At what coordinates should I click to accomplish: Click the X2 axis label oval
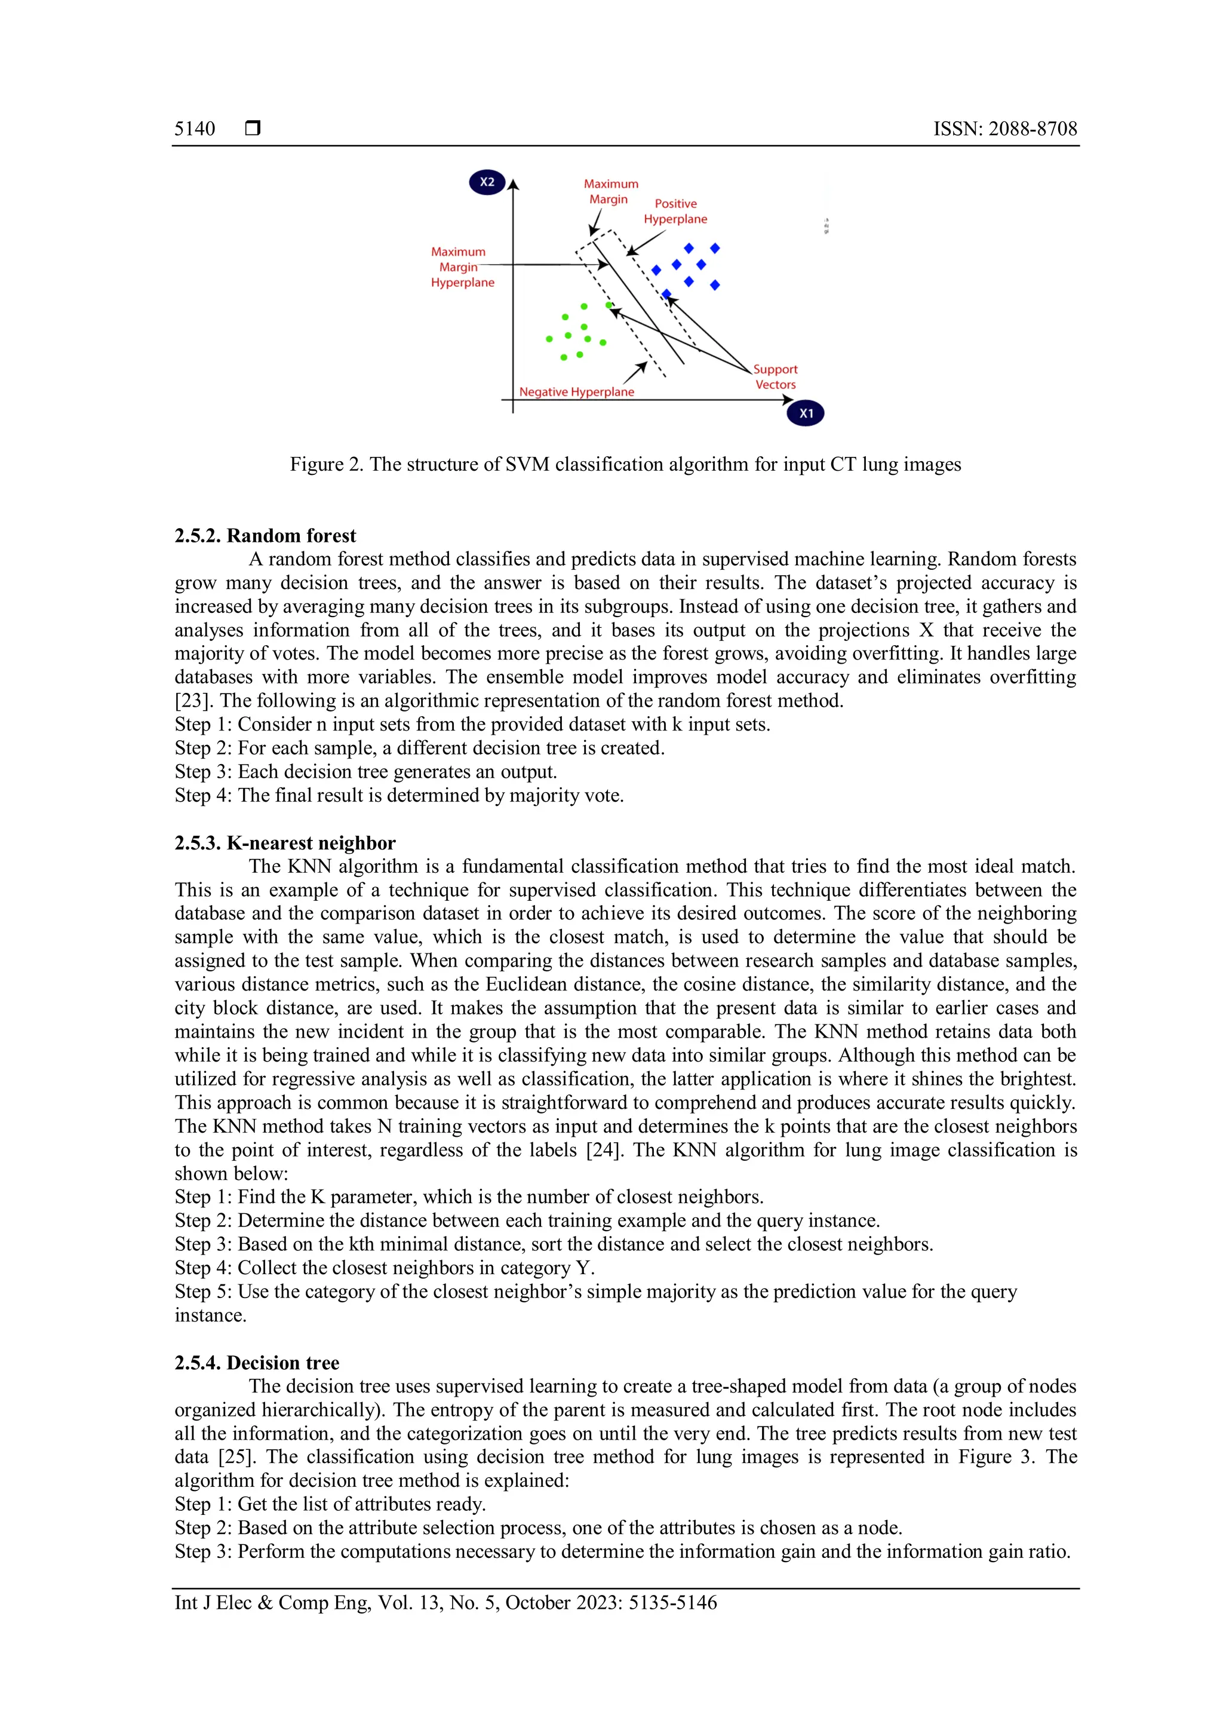(x=487, y=182)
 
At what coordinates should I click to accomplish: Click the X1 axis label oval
(x=805, y=413)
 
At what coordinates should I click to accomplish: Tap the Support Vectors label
(x=775, y=377)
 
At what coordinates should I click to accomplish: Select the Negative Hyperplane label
(x=576, y=392)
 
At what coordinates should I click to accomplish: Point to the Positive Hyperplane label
(x=675, y=211)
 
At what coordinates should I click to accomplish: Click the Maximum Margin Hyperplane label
(x=462, y=267)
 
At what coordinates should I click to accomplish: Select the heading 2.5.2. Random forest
(x=265, y=536)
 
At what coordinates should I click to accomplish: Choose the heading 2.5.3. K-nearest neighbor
(x=285, y=843)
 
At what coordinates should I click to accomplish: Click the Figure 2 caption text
(x=625, y=464)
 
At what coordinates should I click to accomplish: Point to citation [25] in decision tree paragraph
(x=236, y=1457)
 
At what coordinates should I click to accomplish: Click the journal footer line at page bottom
(x=446, y=1603)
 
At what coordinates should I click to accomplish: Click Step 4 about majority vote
(x=399, y=796)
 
